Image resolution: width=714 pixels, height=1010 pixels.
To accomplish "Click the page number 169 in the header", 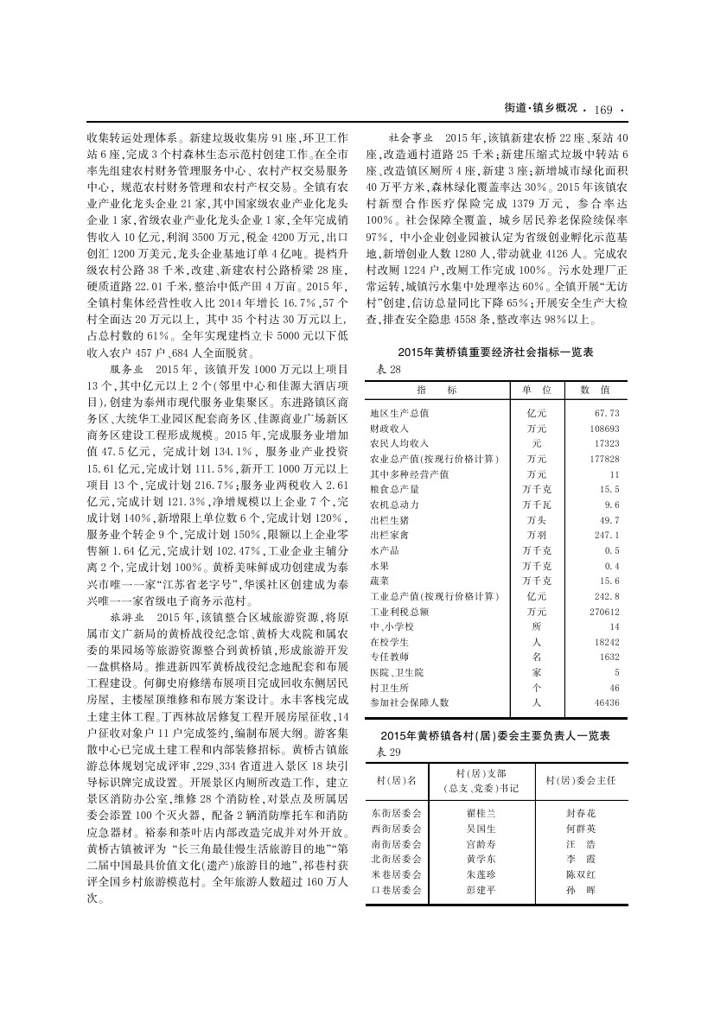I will pyautogui.click(x=603, y=110).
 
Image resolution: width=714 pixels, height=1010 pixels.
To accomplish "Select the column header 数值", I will pyautogui.click(x=595, y=391).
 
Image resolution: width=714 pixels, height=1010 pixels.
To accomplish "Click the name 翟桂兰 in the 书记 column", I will pyautogui.click(x=481, y=814).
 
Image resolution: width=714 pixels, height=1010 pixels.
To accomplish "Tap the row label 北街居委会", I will pyautogui.click(x=396, y=861).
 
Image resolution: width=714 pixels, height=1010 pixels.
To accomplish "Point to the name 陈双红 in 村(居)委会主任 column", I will pyautogui.click(x=580, y=875).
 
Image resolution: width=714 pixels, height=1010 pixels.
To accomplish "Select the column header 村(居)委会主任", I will pyautogui.click(x=581, y=780).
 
